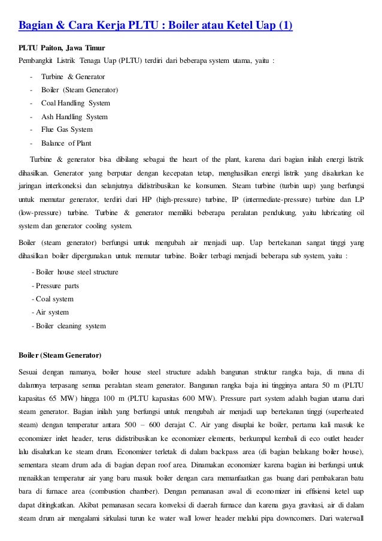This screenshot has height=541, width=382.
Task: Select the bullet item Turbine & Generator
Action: pos(73,77)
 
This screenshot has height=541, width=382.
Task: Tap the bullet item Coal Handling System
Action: pos(75,103)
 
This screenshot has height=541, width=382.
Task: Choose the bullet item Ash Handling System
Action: pos(74,116)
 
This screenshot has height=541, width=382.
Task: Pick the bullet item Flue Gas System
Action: pos(67,129)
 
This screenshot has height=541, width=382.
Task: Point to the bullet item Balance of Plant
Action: pos(66,143)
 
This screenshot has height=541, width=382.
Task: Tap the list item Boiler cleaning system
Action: pos(71,326)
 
